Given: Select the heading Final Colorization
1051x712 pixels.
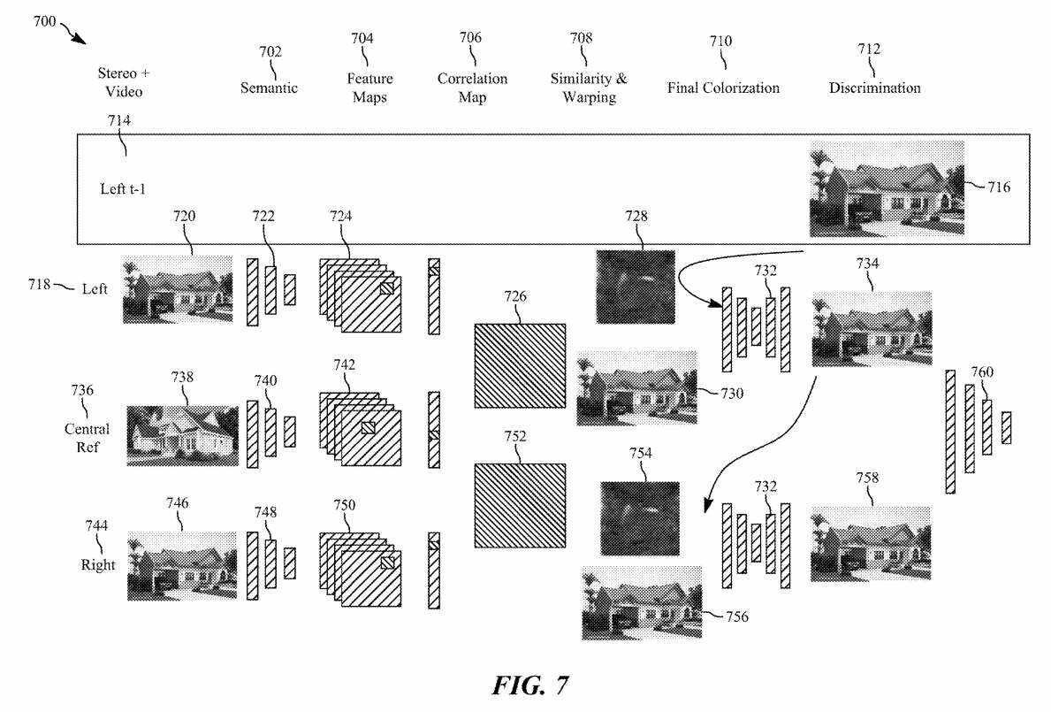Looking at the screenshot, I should coord(723,88).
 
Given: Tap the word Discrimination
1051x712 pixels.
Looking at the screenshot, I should coord(874,88).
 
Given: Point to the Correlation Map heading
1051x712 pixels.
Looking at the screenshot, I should coord(472,88).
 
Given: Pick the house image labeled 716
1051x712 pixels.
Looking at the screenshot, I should coord(887,188).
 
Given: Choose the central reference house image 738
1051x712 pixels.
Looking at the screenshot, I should coord(182,435).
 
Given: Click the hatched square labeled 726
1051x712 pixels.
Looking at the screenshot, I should coord(520,365).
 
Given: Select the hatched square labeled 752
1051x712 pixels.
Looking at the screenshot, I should coord(520,506).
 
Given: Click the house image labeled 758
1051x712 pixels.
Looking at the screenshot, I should coord(870,544).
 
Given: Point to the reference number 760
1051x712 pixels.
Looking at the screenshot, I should coord(983,371).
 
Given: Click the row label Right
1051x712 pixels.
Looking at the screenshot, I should coord(98,564).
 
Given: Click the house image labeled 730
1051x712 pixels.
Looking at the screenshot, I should coord(636,387).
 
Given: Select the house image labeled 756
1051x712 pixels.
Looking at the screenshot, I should coord(642,602).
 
